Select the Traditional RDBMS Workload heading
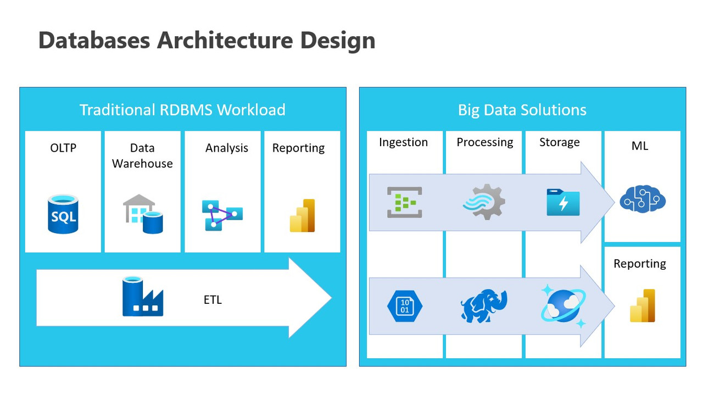182,109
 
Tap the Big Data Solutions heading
522,109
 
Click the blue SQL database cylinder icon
63,214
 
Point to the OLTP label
63,148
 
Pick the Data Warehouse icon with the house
142,214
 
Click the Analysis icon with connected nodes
222,215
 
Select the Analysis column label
226,148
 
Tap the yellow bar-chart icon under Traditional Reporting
302,215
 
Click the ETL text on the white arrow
212,300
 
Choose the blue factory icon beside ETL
142,297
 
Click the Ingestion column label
403,142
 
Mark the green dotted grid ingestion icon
404,202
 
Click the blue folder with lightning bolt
563,202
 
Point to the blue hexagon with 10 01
404,306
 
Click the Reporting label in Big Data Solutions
639,264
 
